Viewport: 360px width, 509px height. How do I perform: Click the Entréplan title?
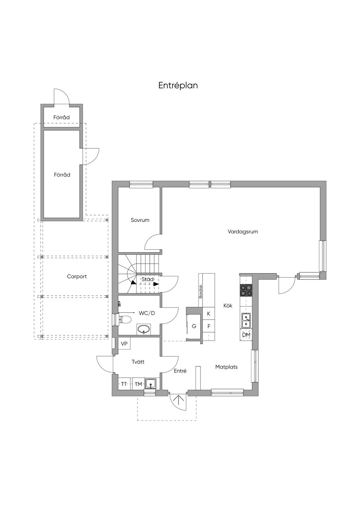click(178, 86)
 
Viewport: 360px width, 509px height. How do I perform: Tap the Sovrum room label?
click(140, 220)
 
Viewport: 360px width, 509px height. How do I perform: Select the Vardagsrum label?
click(243, 232)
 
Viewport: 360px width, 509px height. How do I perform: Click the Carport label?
click(77, 277)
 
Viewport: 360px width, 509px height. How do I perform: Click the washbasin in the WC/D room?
click(144, 329)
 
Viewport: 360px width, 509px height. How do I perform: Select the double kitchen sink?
click(246, 320)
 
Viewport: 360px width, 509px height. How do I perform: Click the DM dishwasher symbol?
click(246, 335)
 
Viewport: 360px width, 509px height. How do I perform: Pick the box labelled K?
click(208, 314)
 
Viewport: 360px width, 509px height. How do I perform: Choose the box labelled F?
click(208, 326)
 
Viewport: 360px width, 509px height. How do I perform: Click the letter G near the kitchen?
click(194, 326)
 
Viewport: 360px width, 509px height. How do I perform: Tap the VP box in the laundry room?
click(124, 344)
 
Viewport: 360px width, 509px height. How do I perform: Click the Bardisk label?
click(200, 291)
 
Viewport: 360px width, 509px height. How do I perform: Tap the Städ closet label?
click(148, 279)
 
